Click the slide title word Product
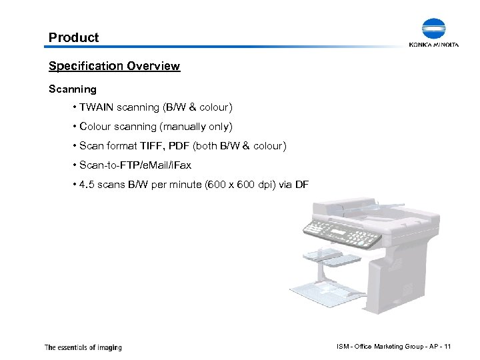73,37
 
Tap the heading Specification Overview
114,66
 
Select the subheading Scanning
73,88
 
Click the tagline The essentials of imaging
83,347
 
